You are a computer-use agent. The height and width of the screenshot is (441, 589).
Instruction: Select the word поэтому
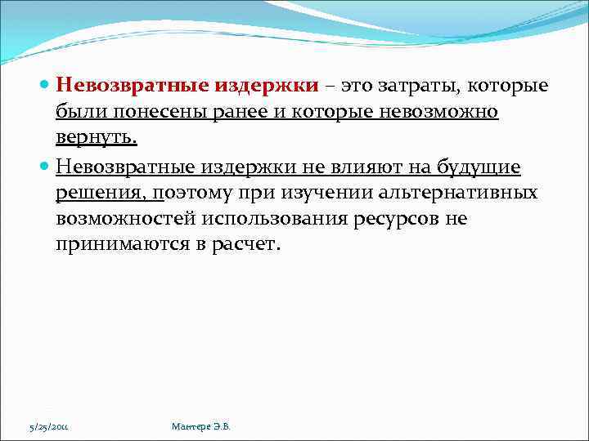193,193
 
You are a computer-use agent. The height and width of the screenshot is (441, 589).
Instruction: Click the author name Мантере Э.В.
201,427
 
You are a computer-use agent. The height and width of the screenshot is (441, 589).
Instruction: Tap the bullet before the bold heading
44,86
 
